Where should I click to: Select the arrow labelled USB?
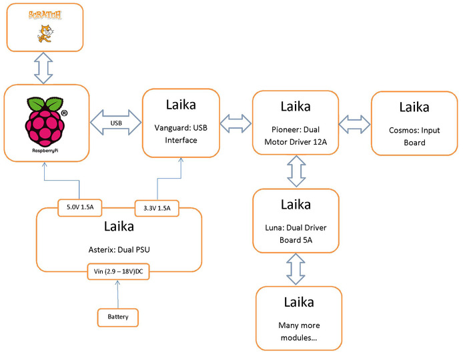click(116, 123)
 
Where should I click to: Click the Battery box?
click(118, 317)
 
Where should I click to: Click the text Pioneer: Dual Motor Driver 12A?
click(296, 135)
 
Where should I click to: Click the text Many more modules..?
click(298, 332)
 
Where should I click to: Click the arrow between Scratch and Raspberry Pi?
click(44, 67)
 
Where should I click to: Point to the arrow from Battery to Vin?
click(119, 294)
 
